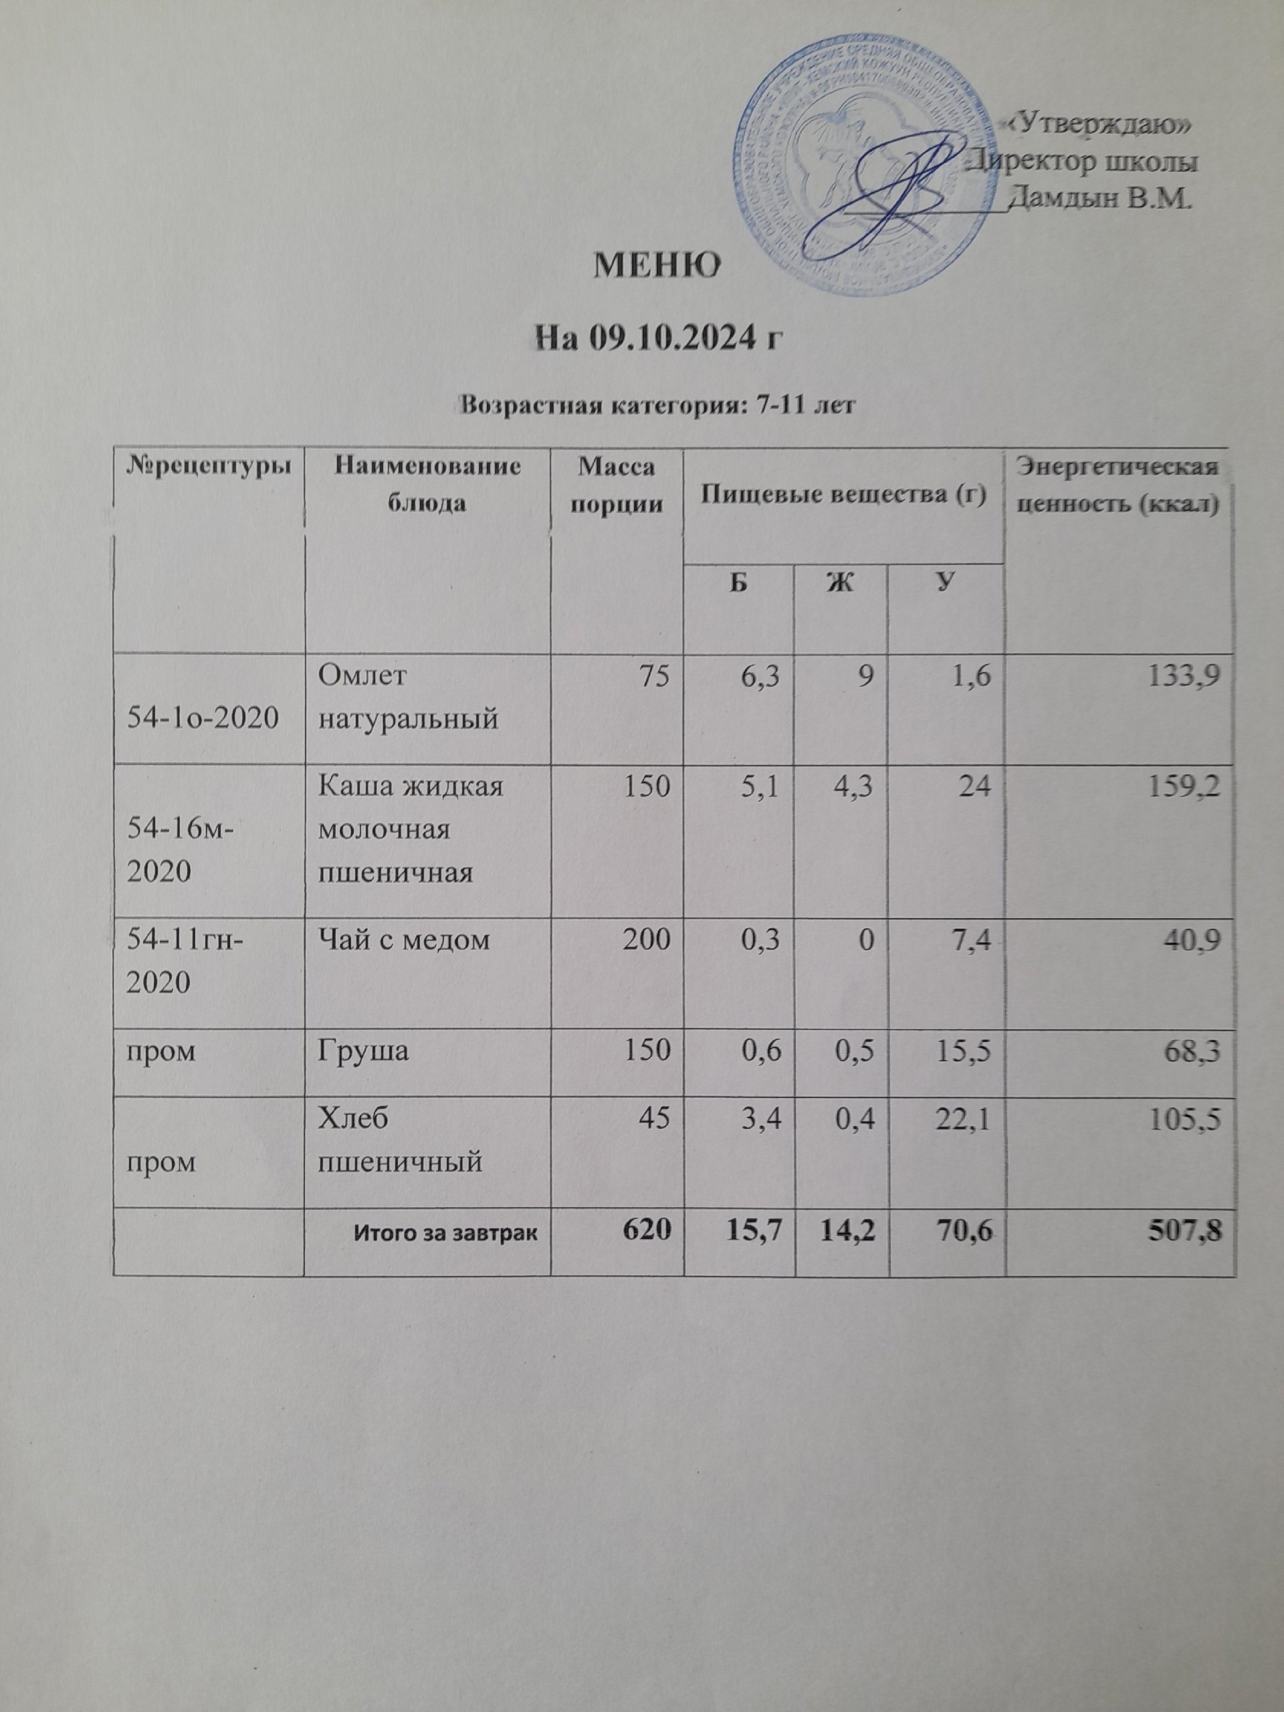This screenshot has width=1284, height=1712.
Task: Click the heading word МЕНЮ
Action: point(656,266)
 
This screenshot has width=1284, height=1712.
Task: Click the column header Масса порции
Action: point(616,486)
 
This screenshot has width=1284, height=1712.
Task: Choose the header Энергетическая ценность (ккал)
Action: point(1115,486)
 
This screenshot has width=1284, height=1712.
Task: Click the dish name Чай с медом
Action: point(404,939)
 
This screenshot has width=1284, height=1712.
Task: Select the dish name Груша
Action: point(364,1052)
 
